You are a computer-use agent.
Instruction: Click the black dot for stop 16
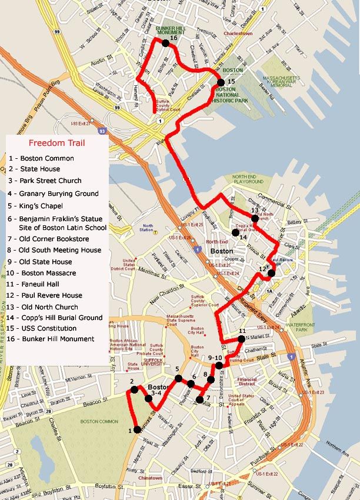[165, 43]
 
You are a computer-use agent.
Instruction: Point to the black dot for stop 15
[221, 82]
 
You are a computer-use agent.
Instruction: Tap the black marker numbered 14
[235, 233]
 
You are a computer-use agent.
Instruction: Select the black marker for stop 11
[242, 339]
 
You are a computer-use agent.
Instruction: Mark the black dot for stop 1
[138, 431]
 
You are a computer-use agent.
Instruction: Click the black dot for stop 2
[134, 389]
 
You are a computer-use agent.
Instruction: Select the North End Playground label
[248, 179]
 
